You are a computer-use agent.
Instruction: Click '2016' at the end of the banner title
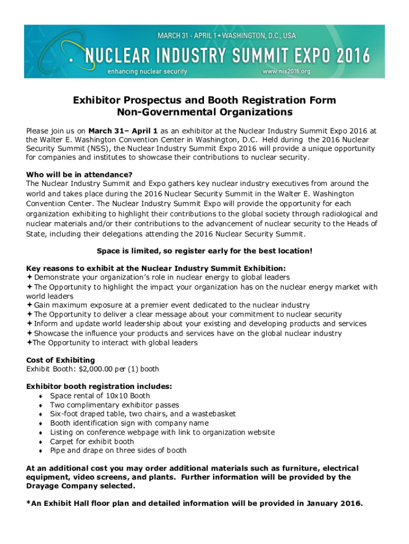pos(350,54)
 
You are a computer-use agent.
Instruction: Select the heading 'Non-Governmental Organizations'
pos(204,112)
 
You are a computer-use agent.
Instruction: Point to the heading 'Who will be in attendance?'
pos(79,174)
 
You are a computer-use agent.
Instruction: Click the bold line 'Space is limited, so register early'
pos(204,251)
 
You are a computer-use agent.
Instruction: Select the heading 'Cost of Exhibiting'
pos(61,360)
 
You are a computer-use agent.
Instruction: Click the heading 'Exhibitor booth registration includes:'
pos(99,387)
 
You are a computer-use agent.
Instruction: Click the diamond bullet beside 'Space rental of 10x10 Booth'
pos(41,396)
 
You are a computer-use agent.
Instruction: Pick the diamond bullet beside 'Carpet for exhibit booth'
pos(41,442)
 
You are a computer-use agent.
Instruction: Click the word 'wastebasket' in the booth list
pos(213,414)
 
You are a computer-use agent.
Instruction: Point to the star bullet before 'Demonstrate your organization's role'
pos(29,277)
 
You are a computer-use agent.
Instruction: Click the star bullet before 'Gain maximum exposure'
pos(29,305)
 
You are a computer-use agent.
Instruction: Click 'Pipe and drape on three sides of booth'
pos(118,450)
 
